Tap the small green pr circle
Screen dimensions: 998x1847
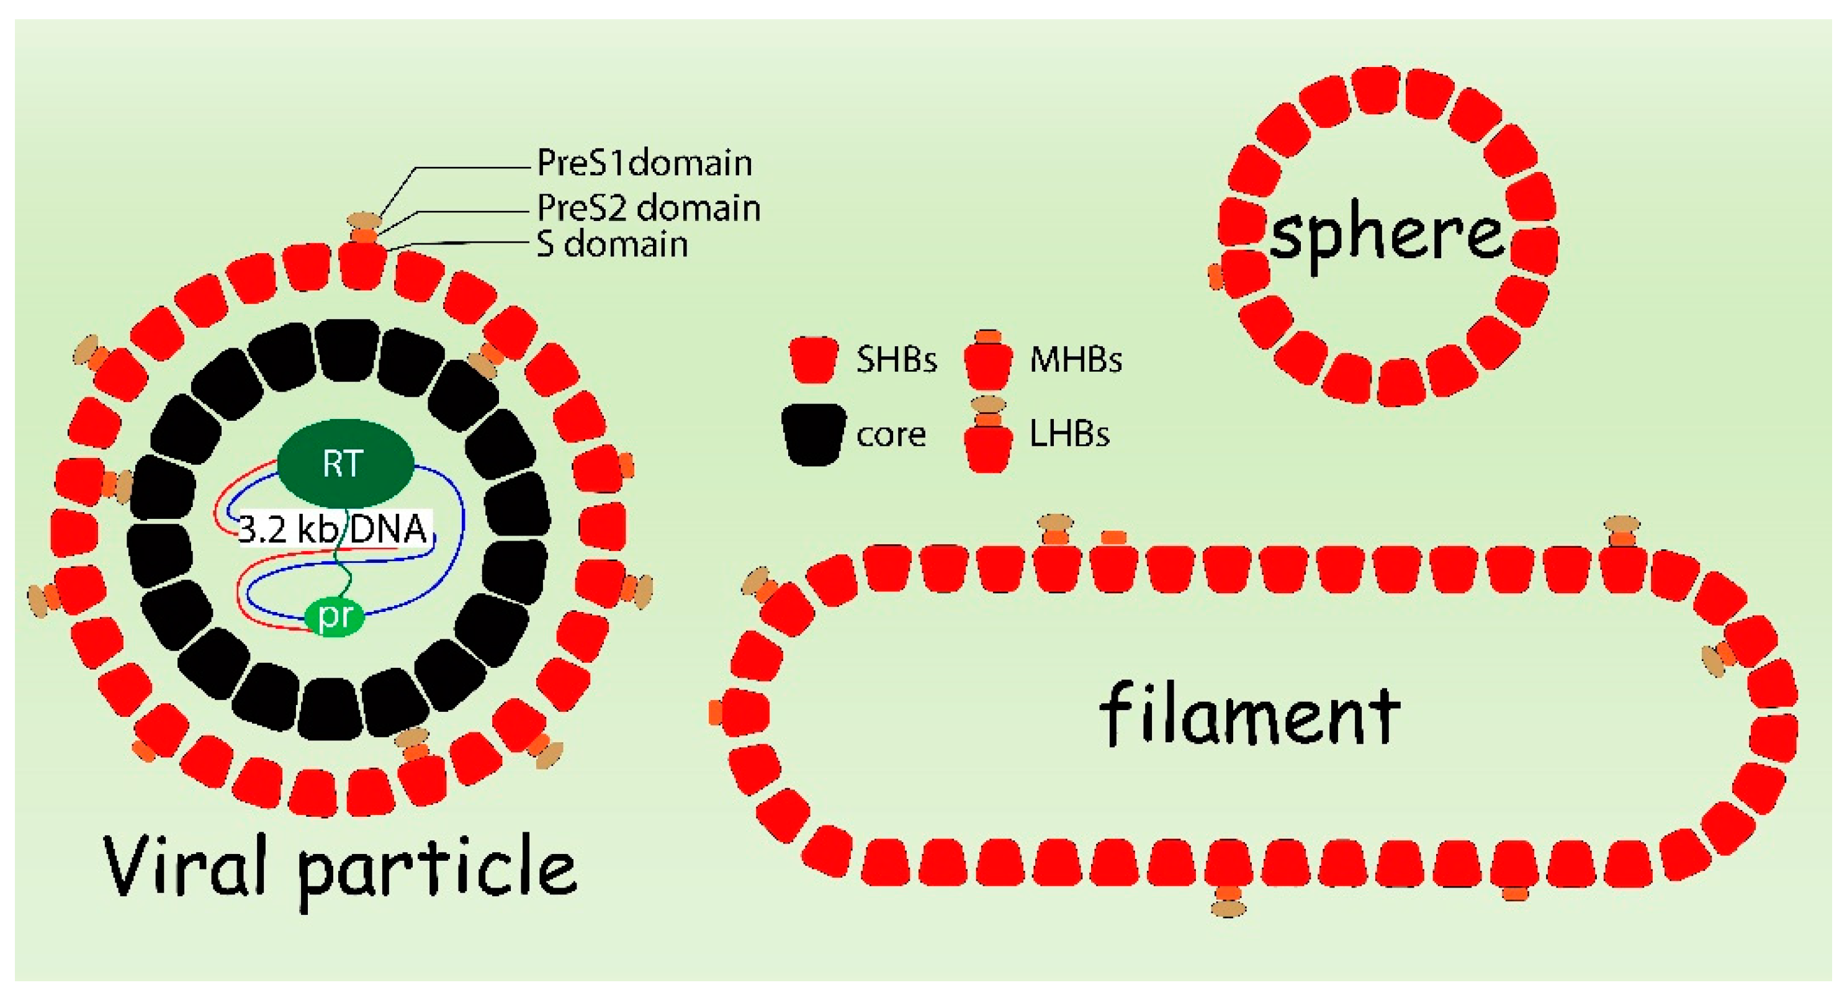pos(334,615)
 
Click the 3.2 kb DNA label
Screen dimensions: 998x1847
pos(332,530)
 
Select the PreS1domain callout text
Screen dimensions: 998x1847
pos(644,163)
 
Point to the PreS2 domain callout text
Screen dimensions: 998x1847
pos(648,209)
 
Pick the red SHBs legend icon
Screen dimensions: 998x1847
pos(813,359)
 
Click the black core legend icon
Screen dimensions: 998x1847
pos(813,434)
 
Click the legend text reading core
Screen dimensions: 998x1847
pos(891,434)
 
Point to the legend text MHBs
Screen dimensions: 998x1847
pos(1075,360)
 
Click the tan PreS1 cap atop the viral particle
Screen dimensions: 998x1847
pos(364,219)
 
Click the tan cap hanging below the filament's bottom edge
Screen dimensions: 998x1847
pos(1228,909)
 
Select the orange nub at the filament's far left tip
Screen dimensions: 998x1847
pos(715,713)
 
